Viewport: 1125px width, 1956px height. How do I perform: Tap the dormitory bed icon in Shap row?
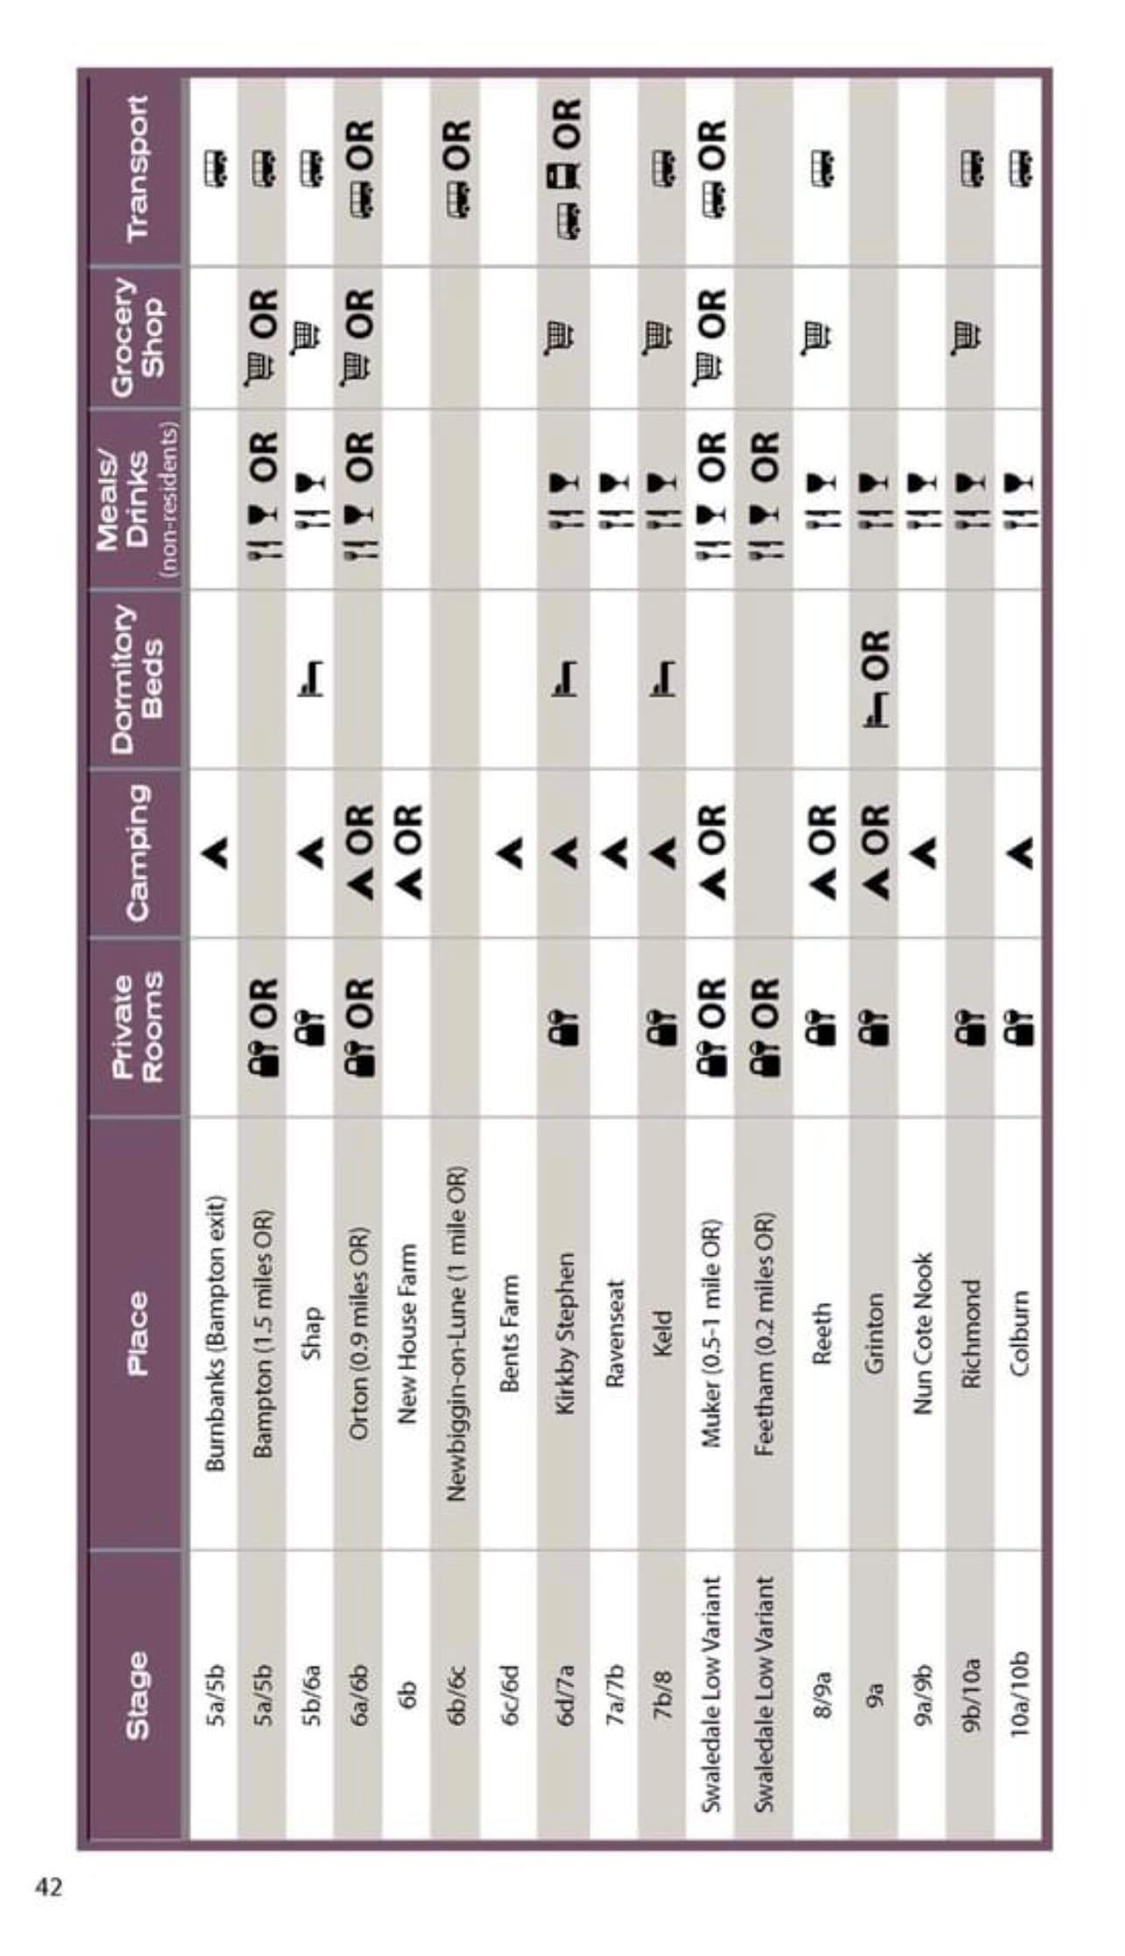coord(312,677)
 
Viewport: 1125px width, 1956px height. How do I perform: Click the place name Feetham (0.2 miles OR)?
coord(764,1332)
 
